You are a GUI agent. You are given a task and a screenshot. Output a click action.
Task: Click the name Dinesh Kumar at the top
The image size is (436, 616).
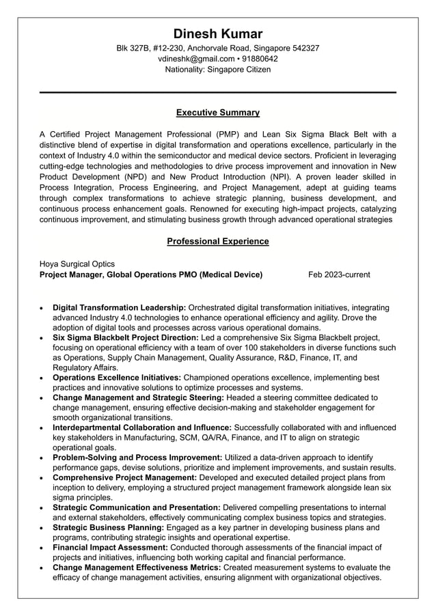pyautogui.click(x=217, y=33)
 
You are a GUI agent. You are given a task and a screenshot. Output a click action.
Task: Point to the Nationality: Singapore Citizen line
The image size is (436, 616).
pyautogui.click(x=217, y=70)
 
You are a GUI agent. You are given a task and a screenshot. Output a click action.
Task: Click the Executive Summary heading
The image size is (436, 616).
pyautogui.click(x=217, y=112)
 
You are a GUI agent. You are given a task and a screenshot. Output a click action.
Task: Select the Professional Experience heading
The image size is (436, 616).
pyautogui.click(x=217, y=241)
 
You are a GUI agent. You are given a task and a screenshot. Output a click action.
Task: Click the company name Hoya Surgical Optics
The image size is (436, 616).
pyautogui.click(x=77, y=264)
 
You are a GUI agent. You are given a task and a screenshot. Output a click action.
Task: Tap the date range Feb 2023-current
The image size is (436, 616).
pyautogui.click(x=339, y=275)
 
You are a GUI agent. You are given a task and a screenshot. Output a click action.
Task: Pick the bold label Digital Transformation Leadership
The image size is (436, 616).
pyautogui.click(x=119, y=307)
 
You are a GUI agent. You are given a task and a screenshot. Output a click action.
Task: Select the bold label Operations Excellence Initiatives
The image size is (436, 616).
pyautogui.click(x=117, y=377)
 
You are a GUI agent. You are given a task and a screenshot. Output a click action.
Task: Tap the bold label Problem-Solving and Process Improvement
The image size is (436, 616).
pyautogui.click(x=137, y=457)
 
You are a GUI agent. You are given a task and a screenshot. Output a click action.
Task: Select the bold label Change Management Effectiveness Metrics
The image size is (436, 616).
pyautogui.click(x=136, y=567)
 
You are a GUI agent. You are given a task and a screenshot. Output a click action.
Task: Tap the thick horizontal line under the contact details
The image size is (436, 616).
pyautogui.click(x=217, y=92)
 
